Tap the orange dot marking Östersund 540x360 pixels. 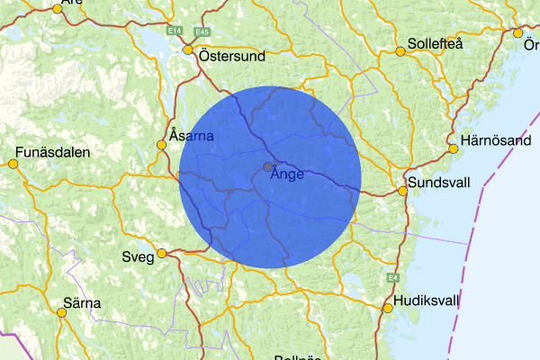click(189, 50)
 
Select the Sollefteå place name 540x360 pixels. click(441, 44)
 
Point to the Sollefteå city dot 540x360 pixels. click(400, 51)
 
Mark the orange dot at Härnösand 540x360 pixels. click(453, 149)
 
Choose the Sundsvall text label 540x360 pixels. click(442, 183)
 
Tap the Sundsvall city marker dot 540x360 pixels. click(403, 191)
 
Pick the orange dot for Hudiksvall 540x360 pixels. click(388, 308)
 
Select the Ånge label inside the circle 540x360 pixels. click(288, 174)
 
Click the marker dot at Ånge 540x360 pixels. click(268, 166)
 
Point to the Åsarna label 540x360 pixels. click(191, 136)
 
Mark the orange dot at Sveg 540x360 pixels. click(161, 253)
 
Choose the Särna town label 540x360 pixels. click(82, 303)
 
